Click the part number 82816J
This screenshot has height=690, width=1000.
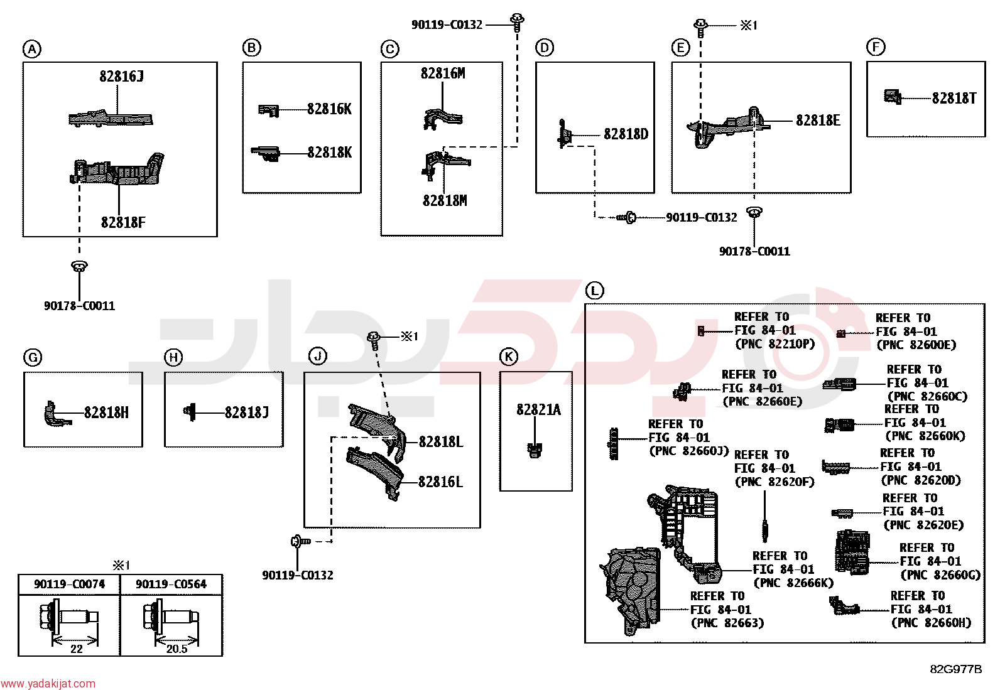[121, 77]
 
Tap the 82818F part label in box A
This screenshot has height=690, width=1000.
[123, 222]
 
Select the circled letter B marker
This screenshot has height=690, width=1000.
[251, 47]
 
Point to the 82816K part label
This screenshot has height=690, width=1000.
[330, 109]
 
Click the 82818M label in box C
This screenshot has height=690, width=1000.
[445, 201]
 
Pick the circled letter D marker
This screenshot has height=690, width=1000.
[544, 47]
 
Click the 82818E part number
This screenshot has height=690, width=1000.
[818, 121]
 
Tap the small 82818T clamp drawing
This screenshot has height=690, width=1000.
[893, 97]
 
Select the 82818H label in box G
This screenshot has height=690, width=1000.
[106, 413]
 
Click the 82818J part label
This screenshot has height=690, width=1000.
[246, 413]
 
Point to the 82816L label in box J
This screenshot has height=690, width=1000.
[440, 482]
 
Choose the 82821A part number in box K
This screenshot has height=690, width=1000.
[538, 410]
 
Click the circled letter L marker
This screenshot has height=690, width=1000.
[594, 291]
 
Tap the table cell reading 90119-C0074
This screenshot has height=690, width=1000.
[70, 585]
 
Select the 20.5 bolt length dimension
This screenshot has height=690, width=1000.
[177, 649]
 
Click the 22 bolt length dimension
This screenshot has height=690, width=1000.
[77, 649]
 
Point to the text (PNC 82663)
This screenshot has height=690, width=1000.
[727, 623]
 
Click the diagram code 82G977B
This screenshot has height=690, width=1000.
[956, 669]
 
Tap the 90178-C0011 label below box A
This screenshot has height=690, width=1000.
[80, 306]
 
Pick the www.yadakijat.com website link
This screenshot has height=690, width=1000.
[48, 684]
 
